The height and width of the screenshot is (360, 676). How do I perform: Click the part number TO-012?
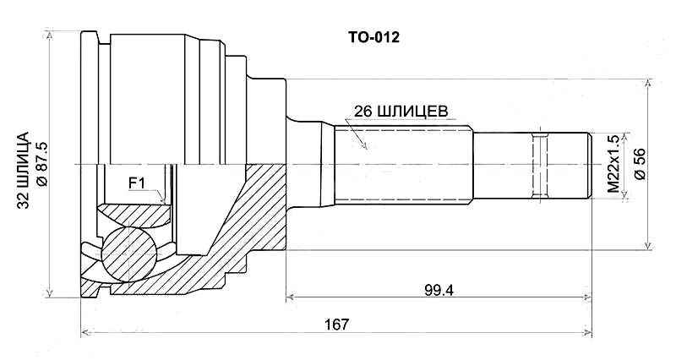tap(374, 37)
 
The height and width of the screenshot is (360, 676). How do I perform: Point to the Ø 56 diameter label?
tap(640, 163)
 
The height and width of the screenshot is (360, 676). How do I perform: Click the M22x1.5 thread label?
tap(614, 163)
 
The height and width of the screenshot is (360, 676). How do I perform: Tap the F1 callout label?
tap(137, 181)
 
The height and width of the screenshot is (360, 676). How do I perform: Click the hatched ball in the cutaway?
tap(129, 251)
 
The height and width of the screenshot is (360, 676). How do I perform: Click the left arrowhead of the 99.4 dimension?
tap(292, 297)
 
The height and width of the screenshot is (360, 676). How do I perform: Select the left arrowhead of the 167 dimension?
tap(85, 332)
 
